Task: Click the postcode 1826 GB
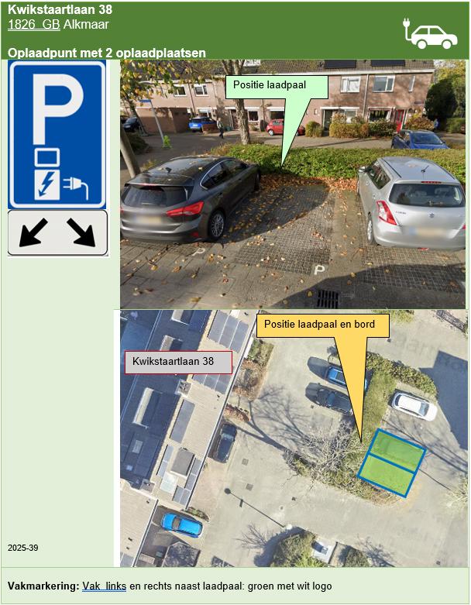pos(34,24)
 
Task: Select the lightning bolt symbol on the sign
pos(47,185)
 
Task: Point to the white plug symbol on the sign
pos(76,187)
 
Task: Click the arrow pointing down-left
pos(33,232)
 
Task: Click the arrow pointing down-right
pos(81,232)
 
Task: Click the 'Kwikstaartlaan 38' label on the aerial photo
pos(179,362)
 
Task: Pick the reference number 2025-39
pos(22,548)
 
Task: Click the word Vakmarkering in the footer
pos(43,586)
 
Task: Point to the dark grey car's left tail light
pos(186,210)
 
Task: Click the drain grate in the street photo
pos(328,299)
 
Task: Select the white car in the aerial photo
pos(414,406)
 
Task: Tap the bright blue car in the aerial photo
pos(181,524)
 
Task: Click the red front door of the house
pos(401,120)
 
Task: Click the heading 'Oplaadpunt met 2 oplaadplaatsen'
pos(106,53)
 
